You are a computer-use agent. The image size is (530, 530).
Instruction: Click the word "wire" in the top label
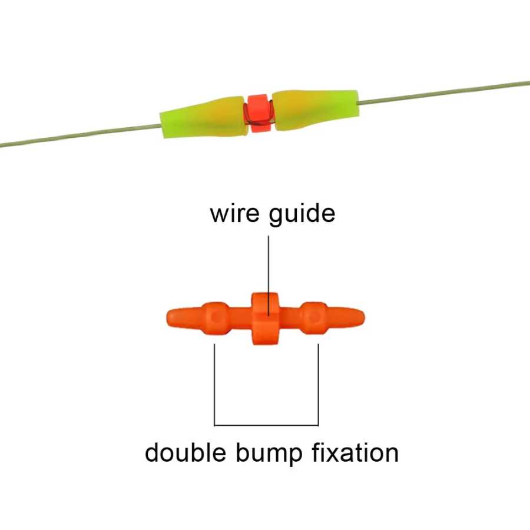(x=235, y=214)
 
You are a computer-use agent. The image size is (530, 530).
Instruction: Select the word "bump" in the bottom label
(x=269, y=454)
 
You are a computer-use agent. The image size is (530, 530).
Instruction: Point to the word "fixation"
(x=355, y=452)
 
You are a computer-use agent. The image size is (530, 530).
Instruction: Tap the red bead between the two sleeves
(x=259, y=113)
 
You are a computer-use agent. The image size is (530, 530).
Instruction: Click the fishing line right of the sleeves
(x=443, y=92)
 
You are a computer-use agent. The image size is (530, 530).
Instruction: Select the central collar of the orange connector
(x=266, y=319)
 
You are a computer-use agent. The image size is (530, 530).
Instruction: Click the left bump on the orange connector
(x=216, y=318)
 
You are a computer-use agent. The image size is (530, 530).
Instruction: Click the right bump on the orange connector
(x=314, y=318)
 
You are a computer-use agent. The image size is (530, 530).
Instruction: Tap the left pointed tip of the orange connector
(x=167, y=318)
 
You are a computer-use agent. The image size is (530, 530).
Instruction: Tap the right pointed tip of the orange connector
(x=365, y=317)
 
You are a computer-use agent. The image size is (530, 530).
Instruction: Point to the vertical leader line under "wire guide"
(x=269, y=276)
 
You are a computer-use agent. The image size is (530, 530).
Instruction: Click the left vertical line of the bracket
(x=214, y=385)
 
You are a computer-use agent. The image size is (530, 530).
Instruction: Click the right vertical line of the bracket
(x=318, y=385)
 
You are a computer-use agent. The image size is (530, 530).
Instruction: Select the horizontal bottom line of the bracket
(x=266, y=425)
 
